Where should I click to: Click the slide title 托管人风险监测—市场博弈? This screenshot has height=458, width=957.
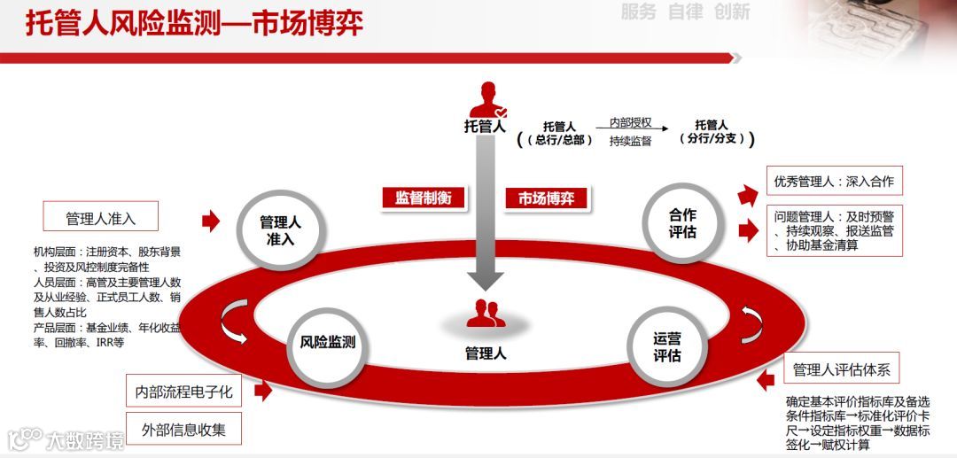click(x=193, y=24)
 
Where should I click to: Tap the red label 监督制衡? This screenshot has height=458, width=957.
click(x=423, y=198)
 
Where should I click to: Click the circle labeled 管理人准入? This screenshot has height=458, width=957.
click(x=281, y=230)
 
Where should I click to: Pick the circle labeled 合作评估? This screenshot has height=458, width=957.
click(x=681, y=222)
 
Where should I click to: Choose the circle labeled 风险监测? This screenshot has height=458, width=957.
click(x=327, y=342)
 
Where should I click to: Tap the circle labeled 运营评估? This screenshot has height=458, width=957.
click(x=666, y=347)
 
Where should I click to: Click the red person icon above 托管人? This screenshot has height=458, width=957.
click(x=489, y=99)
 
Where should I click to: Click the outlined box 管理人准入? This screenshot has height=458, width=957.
click(x=100, y=218)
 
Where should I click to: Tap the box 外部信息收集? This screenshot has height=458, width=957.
click(x=183, y=429)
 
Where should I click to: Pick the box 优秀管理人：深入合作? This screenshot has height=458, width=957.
click(x=833, y=182)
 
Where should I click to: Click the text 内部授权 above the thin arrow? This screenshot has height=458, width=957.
click(x=630, y=122)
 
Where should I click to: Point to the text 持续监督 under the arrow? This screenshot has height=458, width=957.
click(x=630, y=141)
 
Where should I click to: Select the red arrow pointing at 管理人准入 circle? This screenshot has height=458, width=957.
click(x=211, y=221)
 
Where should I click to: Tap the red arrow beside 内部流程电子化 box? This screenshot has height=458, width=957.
click(x=262, y=390)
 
